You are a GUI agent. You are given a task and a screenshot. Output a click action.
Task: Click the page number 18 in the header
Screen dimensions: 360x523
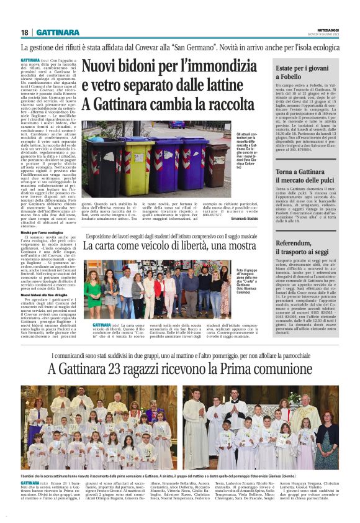pos(25,32)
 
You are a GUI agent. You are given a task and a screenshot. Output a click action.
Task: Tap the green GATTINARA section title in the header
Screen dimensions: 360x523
pos(58,32)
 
